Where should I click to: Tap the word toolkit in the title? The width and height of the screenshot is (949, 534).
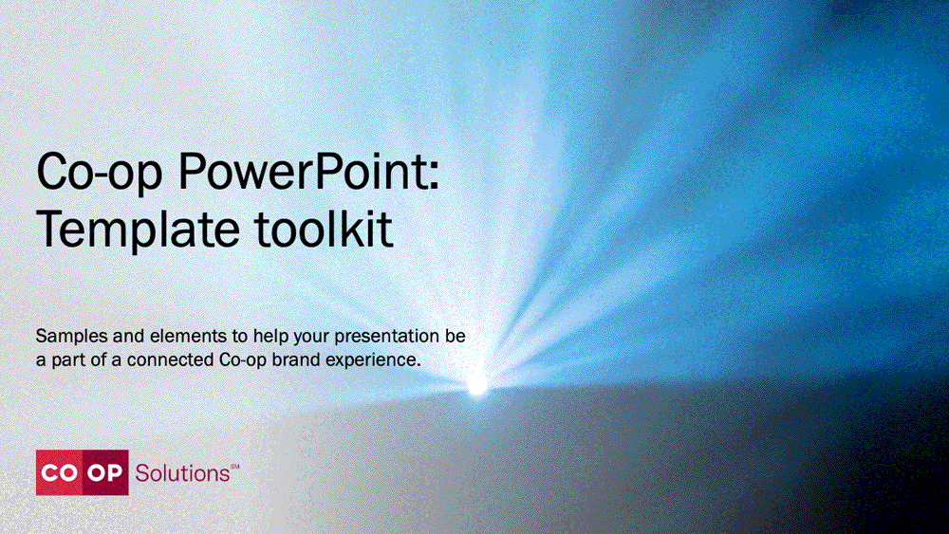point(324,228)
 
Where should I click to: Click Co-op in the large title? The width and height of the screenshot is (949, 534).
point(100,174)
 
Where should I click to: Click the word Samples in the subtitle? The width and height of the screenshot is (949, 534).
point(71,337)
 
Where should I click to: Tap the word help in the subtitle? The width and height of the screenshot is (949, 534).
point(270,337)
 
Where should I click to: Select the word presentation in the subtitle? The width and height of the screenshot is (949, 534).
point(387,337)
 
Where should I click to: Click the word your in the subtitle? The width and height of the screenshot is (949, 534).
point(311,338)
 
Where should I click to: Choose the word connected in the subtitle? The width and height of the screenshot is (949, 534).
point(170,359)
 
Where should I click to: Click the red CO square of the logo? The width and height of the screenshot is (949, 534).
point(59,472)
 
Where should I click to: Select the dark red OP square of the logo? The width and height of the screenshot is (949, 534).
point(105,472)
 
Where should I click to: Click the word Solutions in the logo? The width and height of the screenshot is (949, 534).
point(182,473)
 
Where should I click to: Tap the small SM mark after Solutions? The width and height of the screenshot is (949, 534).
point(235,467)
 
